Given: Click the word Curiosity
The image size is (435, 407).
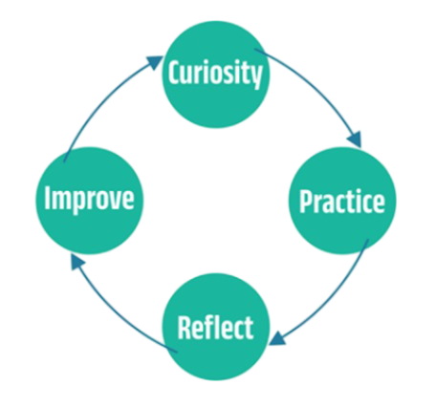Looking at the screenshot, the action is [x=215, y=74].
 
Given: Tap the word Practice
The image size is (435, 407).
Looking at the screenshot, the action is [x=342, y=202].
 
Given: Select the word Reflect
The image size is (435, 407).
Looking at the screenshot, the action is [x=216, y=328].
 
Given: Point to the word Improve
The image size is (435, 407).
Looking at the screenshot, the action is [x=89, y=199].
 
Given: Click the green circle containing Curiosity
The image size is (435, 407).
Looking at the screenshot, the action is [x=216, y=75].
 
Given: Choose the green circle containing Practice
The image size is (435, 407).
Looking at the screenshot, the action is [x=342, y=201].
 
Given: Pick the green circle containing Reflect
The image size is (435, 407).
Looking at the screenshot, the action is [x=216, y=327].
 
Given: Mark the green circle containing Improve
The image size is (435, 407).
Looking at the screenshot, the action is [x=89, y=201].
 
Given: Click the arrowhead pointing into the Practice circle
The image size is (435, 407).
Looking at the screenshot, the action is [x=355, y=139].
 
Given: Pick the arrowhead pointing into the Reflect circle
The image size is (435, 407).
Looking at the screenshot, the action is [x=278, y=339].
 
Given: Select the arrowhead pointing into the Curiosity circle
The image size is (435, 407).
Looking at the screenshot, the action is [x=154, y=62].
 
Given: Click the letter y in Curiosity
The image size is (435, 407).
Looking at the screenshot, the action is [x=256, y=76].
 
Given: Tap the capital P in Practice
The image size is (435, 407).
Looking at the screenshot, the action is [x=306, y=202].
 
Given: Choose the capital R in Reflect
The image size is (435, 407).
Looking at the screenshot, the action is [x=185, y=328].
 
